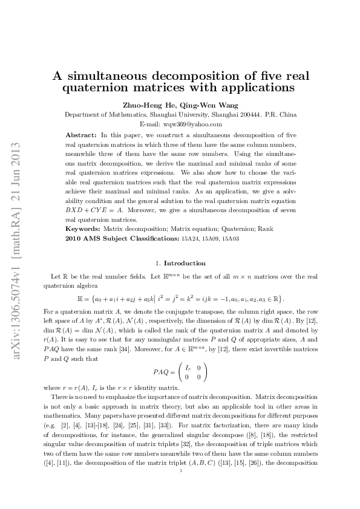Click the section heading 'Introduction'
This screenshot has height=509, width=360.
click(x=185, y=263)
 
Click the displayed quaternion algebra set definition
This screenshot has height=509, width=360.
click(x=180, y=299)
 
